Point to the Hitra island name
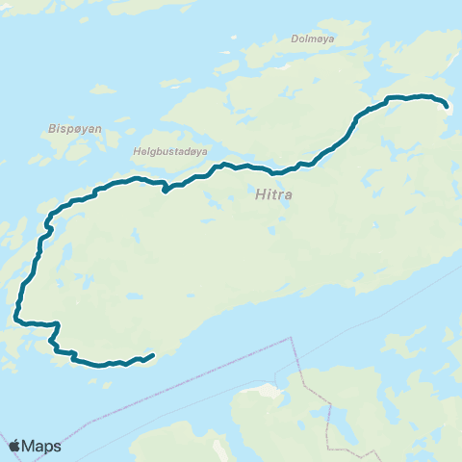click(273, 194)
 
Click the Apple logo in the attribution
click(15, 446)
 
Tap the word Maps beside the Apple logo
click(43, 447)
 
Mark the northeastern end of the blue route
click(448, 104)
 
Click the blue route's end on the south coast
click(152, 355)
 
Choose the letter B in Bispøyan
click(51, 126)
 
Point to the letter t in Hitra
click(272, 194)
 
